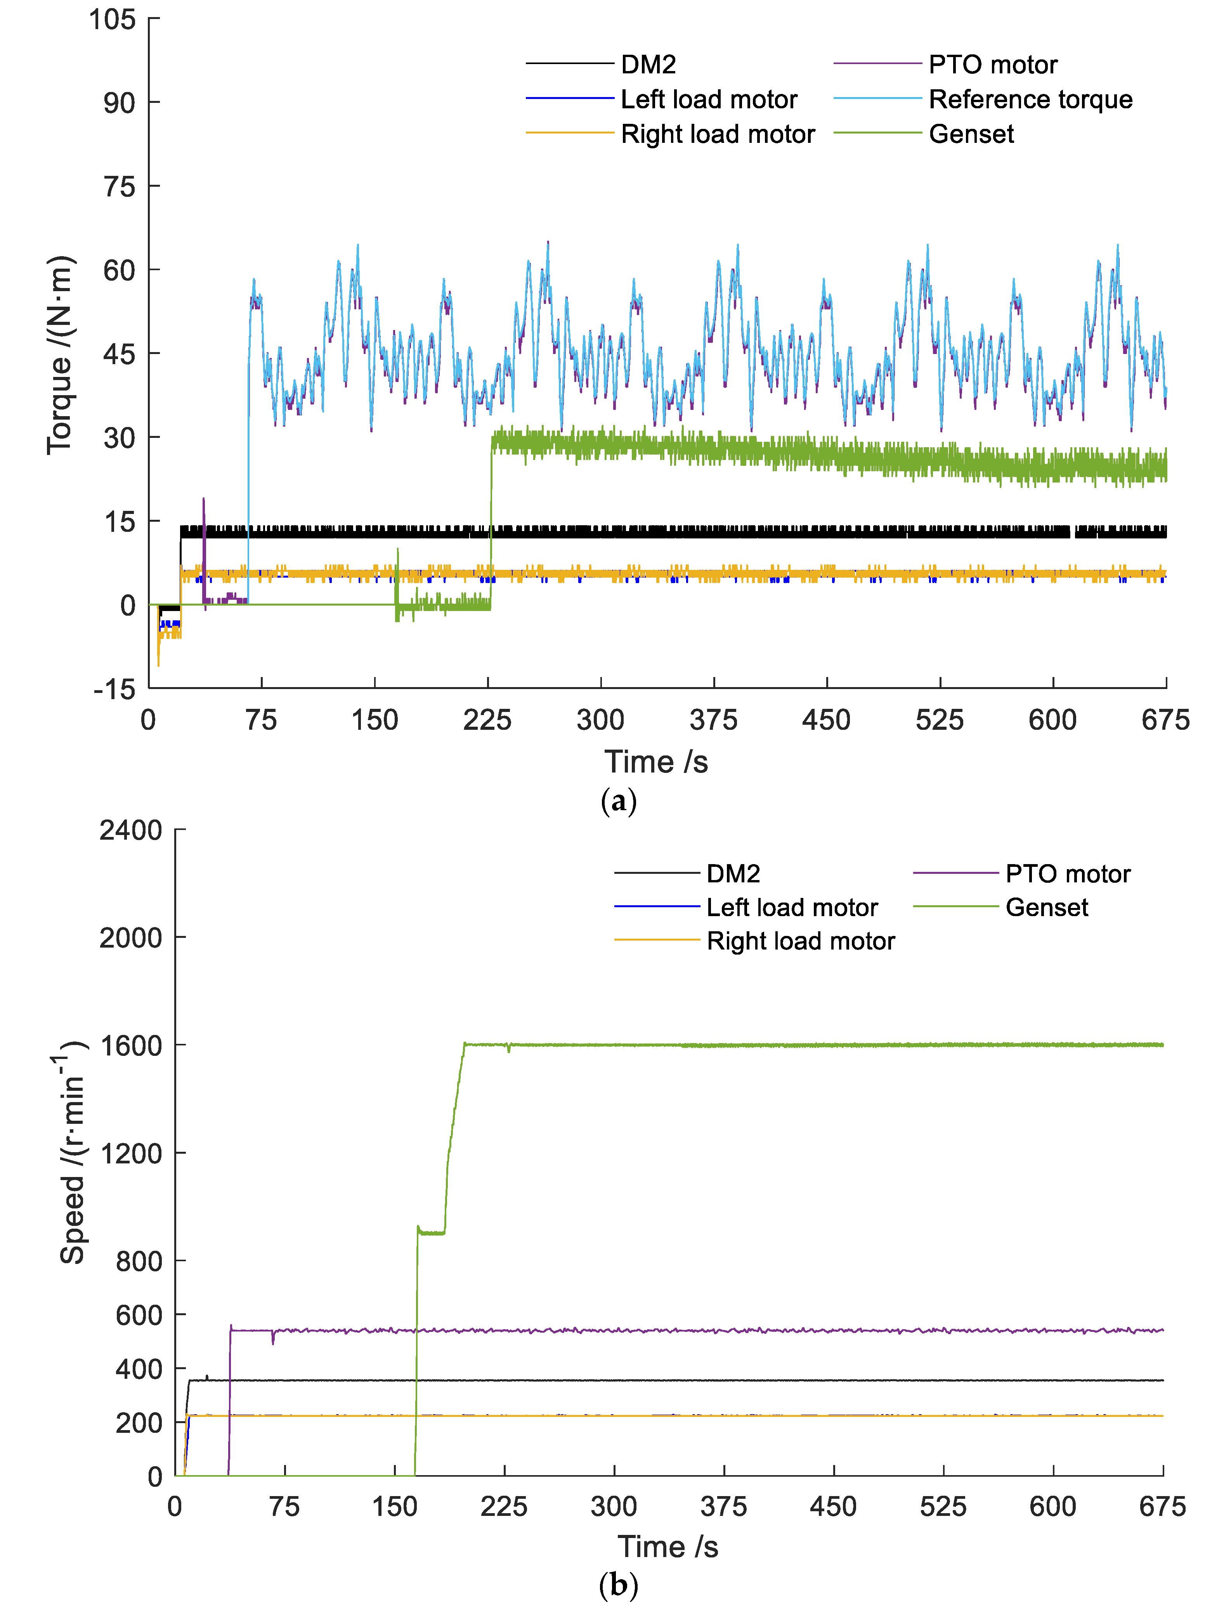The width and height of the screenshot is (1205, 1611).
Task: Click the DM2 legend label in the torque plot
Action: click(648, 65)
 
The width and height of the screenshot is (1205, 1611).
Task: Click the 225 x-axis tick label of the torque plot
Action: click(487, 720)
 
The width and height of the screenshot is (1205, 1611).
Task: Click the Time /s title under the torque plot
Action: click(655, 762)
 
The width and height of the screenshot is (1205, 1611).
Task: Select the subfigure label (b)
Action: click(618, 1585)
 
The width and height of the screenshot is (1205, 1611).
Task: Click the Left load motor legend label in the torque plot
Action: click(708, 99)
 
